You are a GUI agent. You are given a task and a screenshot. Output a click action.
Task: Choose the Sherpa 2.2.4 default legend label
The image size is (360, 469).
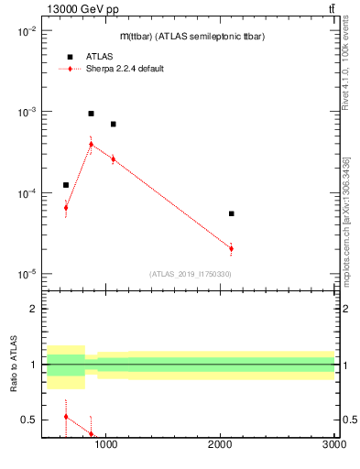(125, 69)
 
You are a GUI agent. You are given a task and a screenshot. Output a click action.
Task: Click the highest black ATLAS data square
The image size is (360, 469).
(91, 114)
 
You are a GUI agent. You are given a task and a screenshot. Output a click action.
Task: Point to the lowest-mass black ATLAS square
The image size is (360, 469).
(66, 185)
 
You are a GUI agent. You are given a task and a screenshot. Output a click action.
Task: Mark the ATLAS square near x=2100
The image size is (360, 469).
(232, 213)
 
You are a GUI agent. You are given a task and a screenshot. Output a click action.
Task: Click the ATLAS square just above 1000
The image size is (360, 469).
(113, 124)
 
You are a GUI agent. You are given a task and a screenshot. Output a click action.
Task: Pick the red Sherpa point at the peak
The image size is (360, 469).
(91, 144)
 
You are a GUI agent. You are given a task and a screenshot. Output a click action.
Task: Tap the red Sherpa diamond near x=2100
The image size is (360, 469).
(232, 248)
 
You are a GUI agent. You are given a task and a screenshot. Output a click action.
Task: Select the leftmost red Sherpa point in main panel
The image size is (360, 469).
(66, 208)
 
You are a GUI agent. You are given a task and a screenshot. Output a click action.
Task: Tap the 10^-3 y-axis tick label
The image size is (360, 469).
(27, 112)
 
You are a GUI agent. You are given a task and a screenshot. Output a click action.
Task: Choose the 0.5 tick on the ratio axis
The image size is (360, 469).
(30, 420)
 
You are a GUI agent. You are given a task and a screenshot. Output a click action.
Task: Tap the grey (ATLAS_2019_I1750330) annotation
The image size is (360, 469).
(190, 274)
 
